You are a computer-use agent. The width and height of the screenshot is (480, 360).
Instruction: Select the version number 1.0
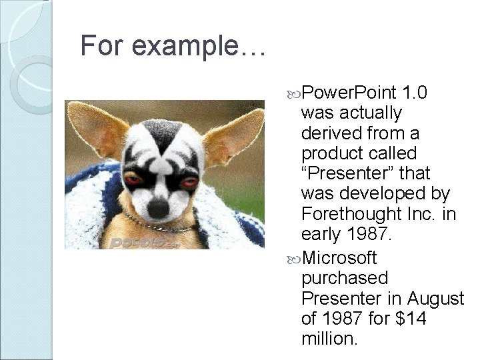click(421, 91)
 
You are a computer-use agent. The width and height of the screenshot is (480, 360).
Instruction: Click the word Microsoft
click(339, 257)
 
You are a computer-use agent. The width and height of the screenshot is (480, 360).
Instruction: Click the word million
click(329, 339)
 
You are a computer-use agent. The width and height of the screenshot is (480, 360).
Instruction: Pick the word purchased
click(344, 277)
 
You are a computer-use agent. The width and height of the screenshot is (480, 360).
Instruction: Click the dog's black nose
click(159, 208)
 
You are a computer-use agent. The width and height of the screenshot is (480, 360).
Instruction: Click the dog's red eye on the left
click(133, 181)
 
